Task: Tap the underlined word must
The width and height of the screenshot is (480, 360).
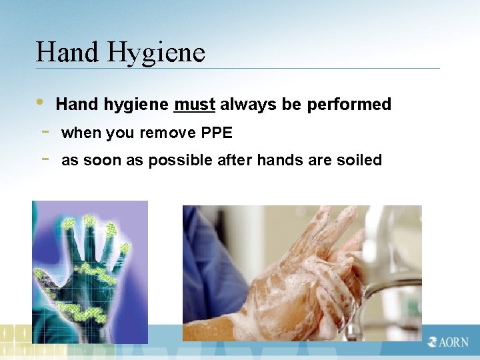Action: tap(195, 105)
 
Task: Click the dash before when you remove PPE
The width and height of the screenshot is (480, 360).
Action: tap(43, 131)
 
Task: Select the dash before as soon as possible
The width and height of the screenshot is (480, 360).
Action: tap(43, 159)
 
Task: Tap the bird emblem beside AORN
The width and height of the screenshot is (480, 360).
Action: tap(433, 342)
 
